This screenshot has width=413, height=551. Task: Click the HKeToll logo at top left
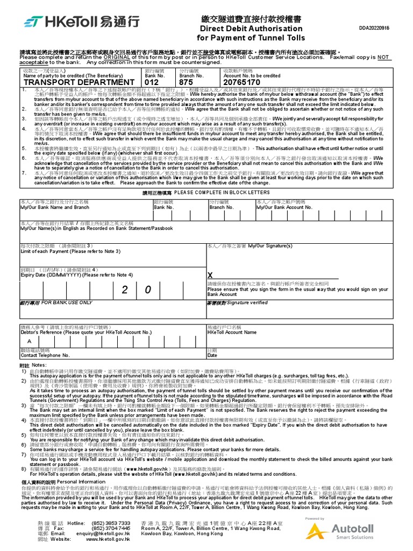(81, 23)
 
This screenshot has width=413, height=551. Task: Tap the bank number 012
(153, 82)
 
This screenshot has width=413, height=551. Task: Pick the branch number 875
(186, 82)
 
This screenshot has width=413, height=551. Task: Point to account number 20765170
(241, 82)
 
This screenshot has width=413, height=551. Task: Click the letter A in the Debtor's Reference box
(29, 341)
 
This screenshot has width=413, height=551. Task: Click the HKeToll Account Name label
(232, 333)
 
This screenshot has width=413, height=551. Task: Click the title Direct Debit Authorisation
(251, 29)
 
